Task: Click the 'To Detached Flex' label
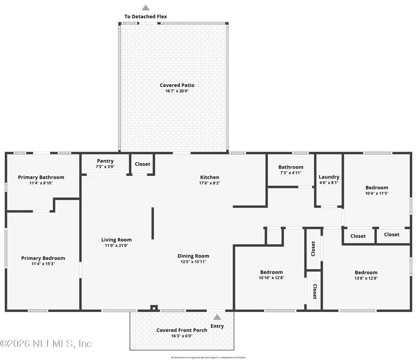145,17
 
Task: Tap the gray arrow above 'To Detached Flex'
146,7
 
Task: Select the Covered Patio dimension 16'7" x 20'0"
177,91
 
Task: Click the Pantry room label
105,161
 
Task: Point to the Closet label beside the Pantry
142,164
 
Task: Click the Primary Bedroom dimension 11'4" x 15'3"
43,264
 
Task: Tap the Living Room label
116,240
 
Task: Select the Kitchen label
210,177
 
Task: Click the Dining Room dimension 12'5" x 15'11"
193,262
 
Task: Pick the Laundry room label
329,177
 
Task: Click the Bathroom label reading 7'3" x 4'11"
290,172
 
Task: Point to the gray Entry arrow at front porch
217,317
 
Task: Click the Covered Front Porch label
182,330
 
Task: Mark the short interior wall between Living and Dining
153,224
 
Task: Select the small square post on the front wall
153,308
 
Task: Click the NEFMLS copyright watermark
46,344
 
